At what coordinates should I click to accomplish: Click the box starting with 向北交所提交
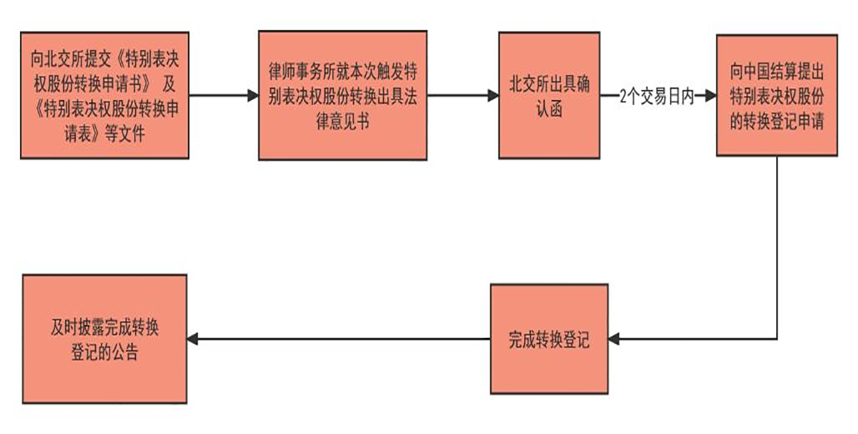point(104,95)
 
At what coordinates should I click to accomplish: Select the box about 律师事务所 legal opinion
point(342,95)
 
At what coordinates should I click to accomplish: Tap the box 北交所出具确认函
point(548,95)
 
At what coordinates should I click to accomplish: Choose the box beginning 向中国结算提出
point(776,95)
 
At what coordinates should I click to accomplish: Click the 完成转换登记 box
point(548,339)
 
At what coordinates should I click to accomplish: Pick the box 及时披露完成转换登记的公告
point(104,339)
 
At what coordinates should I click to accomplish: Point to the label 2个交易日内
point(656,96)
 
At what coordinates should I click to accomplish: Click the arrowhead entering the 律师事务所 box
point(253,96)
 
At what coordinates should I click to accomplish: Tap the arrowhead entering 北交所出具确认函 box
point(493,96)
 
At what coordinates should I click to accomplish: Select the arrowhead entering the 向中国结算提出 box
point(710,96)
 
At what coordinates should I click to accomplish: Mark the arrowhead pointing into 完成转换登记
point(613,339)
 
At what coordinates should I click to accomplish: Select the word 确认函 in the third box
point(548,107)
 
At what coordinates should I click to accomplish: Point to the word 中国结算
point(769,68)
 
